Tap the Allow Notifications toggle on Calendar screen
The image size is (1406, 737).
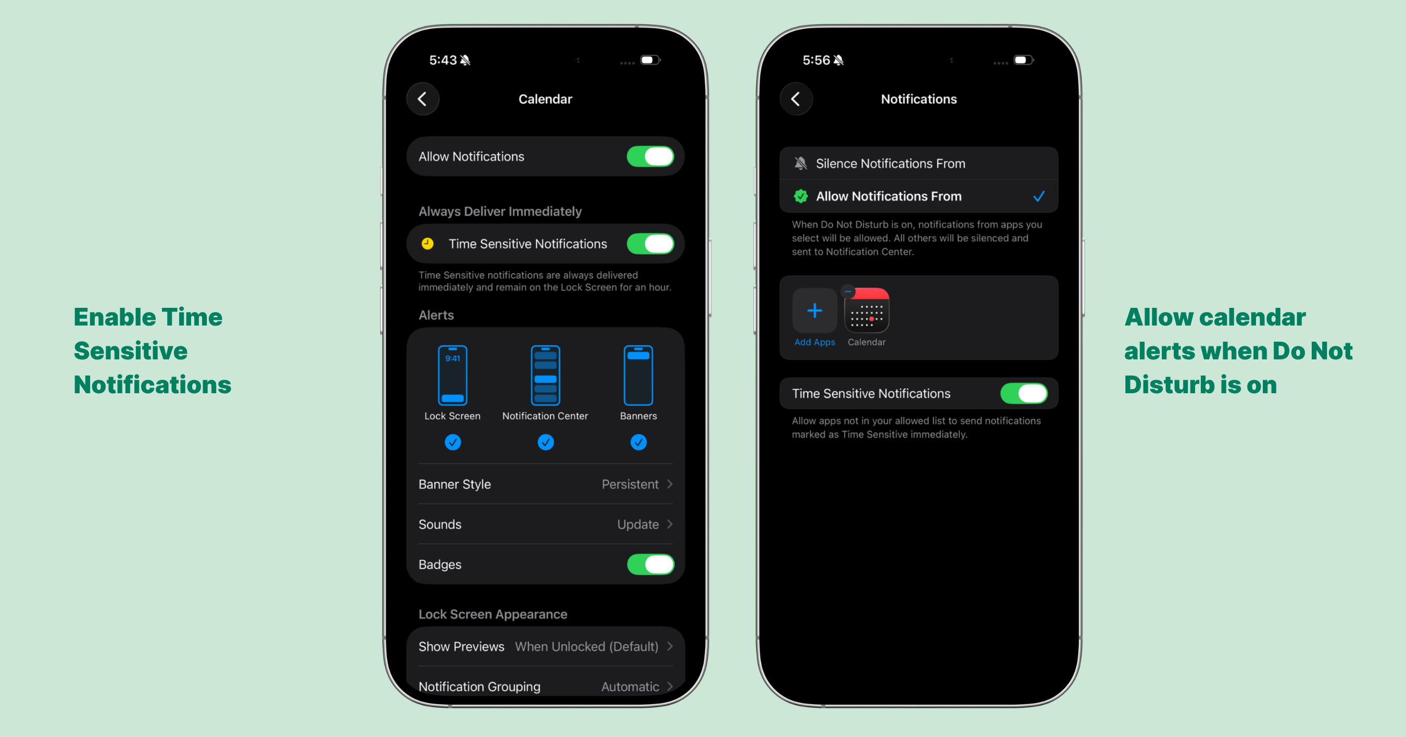tap(650, 157)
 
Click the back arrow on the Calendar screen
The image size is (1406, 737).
tap(422, 99)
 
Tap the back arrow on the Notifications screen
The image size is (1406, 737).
tap(796, 99)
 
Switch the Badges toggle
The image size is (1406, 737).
tap(650, 565)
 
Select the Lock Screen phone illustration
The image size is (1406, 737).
tap(453, 376)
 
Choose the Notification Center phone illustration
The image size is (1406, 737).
tap(545, 376)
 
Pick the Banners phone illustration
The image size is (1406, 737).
tap(638, 376)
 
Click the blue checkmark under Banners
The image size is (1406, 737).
tap(638, 442)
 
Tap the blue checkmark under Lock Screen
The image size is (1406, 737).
tap(453, 442)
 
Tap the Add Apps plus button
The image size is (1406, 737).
tap(814, 310)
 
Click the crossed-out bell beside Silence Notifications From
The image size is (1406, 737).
tap(801, 163)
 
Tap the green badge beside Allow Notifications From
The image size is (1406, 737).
tap(801, 196)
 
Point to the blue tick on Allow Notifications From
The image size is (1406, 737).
tap(1039, 196)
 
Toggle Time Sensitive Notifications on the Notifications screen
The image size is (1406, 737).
tap(1023, 394)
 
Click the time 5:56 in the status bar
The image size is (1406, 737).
tap(816, 60)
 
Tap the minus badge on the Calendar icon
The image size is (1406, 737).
tap(848, 292)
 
